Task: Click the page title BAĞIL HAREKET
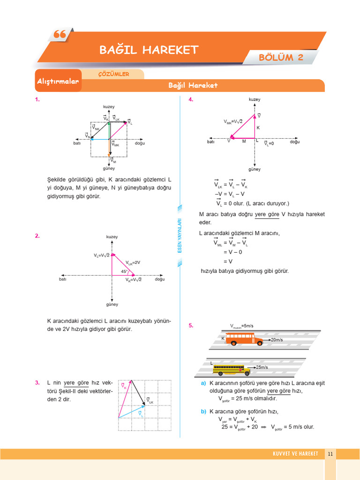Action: pos(149,50)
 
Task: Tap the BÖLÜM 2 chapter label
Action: pos(281,57)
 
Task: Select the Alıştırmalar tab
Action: pos(58,82)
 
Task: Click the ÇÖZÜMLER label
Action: pos(113,74)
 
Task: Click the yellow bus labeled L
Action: pos(232,369)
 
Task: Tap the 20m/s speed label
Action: pos(279,339)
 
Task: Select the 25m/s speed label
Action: pos(263,367)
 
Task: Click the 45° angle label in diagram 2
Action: pos(124,271)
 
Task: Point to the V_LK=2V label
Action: pos(133,262)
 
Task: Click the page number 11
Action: pos(330,454)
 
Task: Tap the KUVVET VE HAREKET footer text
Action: pos(295,454)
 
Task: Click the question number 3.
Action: pos(37,383)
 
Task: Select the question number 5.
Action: pos(191,325)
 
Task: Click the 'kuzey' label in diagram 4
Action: pos(255,99)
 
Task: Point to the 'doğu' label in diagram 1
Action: pos(140,143)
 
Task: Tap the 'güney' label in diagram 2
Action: pos(112,305)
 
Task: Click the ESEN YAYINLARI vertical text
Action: pos(179,236)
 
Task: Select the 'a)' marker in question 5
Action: pos(203,383)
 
